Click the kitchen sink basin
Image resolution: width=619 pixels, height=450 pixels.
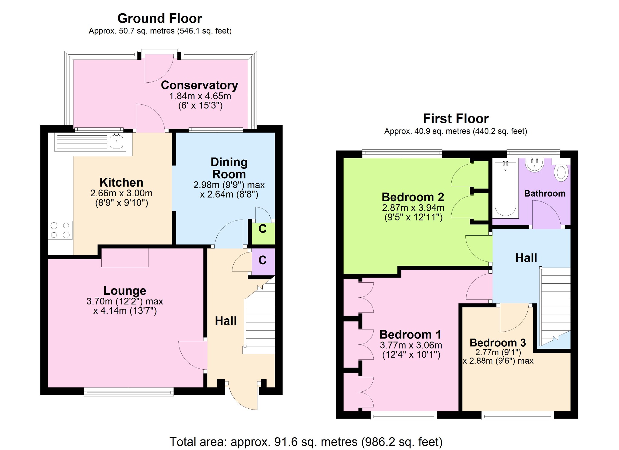[116, 141]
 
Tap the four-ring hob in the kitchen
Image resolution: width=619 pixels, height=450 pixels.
[60, 230]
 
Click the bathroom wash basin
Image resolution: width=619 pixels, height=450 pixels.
[535, 165]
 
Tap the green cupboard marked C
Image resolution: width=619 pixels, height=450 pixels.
[263, 233]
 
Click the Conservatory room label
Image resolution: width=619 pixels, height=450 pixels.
[199, 85]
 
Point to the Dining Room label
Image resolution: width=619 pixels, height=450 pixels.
[229, 168]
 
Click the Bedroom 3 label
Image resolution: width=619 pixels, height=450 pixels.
[498, 342]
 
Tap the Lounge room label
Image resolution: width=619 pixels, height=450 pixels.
[125, 291]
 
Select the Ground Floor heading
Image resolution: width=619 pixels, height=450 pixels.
[160, 18]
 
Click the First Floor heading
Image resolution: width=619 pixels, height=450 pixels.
[456, 118]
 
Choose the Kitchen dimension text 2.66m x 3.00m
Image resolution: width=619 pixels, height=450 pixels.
[121, 193]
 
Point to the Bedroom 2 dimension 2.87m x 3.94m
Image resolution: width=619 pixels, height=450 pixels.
[413, 208]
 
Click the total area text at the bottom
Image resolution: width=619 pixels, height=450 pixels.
[306, 442]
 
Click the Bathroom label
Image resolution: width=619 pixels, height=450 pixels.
[545, 193]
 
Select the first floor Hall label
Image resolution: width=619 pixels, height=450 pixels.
[526, 258]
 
